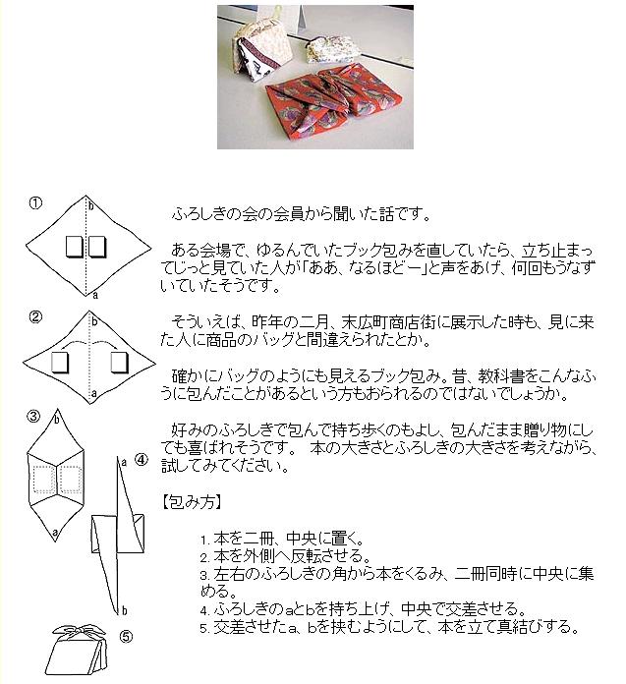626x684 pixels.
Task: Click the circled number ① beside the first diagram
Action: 35,203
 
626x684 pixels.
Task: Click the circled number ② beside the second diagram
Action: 35,316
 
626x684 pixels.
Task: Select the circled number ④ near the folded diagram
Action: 141,459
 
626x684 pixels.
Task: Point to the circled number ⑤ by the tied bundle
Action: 126,636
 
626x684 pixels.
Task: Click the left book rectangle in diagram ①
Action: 73,246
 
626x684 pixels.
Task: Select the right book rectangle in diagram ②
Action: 120,363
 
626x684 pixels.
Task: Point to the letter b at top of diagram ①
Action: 91,207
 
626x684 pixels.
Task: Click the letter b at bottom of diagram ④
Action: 124,609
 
